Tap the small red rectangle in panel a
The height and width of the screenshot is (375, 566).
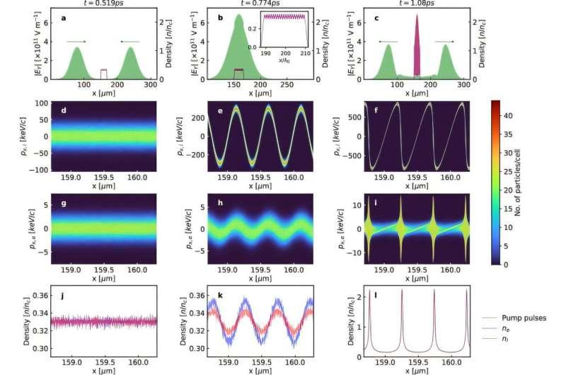coord(104,74)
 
